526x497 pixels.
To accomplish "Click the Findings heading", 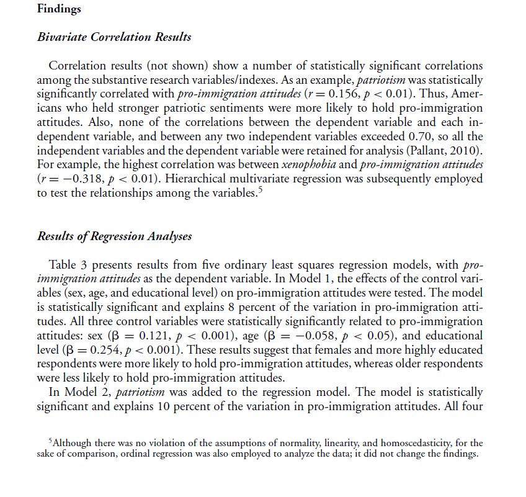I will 59,9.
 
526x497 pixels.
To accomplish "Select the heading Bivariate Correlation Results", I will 114,37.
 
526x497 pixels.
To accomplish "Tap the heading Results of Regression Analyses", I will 114,236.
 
